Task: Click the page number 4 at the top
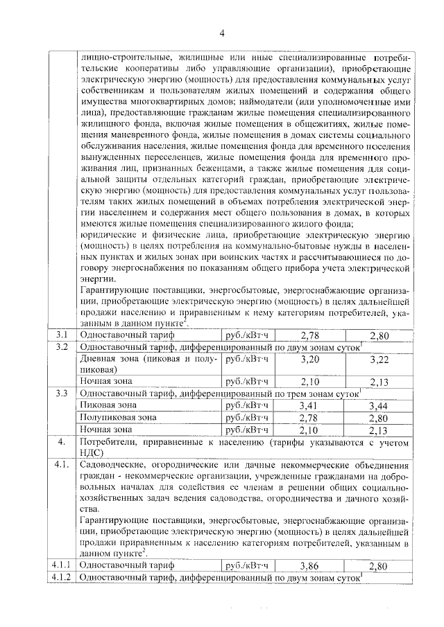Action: (x=222, y=33)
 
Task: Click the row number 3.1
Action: (x=62, y=335)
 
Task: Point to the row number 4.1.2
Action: (x=62, y=577)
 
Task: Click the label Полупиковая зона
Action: (x=119, y=417)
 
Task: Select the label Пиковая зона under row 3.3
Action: (x=109, y=405)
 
